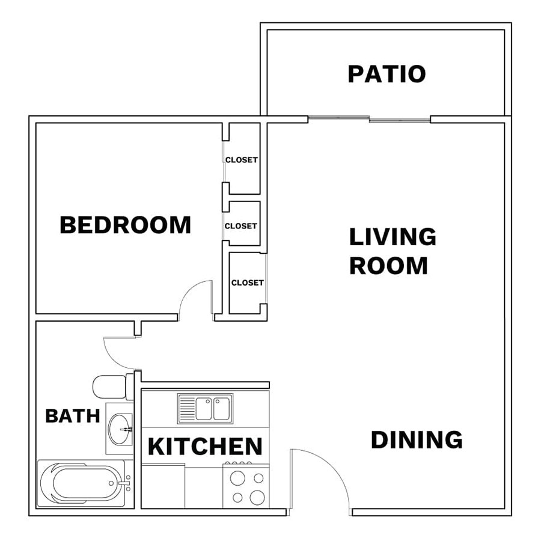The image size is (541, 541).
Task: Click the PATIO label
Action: [387, 74]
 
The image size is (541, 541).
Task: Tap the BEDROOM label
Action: [126, 225]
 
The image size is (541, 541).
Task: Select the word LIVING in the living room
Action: [393, 237]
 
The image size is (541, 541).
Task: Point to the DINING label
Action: [417, 439]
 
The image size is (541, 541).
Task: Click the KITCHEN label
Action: [206, 446]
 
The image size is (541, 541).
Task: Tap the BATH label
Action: [73, 416]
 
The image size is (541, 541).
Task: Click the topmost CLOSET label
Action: [242, 160]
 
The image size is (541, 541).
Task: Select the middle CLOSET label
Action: [241, 226]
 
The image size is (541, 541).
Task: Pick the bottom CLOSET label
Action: [248, 283]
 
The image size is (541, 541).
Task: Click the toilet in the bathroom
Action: [113, 387]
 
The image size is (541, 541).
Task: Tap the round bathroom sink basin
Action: [120, 429]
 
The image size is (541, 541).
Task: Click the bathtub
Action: [85, 483]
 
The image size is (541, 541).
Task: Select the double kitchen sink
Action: [206, 409]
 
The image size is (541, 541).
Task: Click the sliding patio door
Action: [369, 119]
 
